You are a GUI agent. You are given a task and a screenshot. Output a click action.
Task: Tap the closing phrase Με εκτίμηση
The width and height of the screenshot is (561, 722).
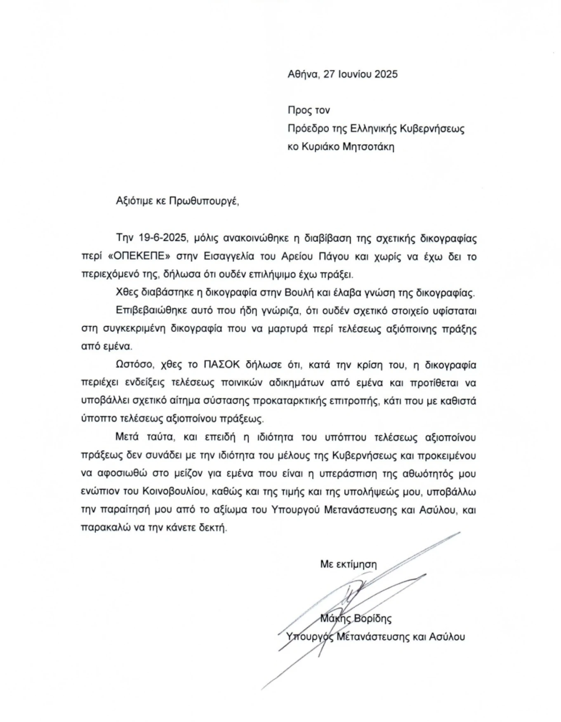point(349,564)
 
